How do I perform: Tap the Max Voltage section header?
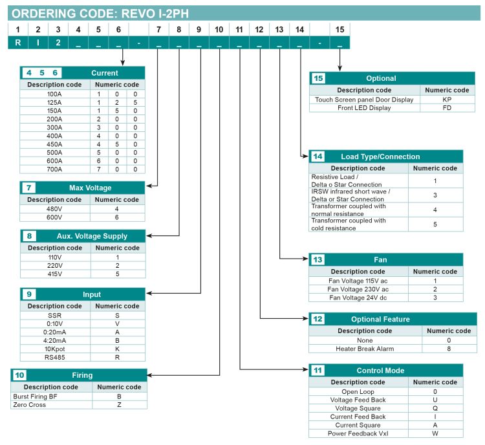pos(90,188)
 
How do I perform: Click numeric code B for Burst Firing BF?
pos(119,396)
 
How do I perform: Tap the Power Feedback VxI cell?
pos(358,433)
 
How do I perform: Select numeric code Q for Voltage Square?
pos(435,408)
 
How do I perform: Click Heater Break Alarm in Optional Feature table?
pos(365,349)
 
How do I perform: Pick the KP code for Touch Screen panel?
pos(447,100)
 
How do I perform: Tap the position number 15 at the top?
pos(340,29)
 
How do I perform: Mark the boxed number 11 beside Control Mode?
pos(318,371)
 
